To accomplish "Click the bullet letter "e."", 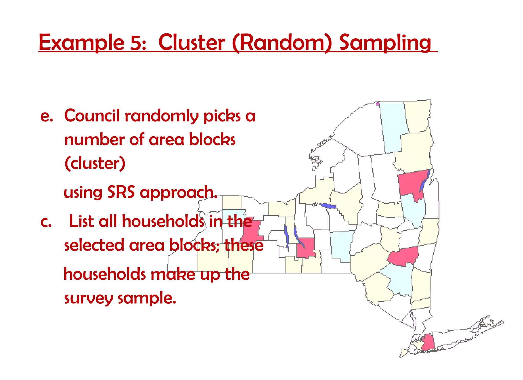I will (x=46, y=116).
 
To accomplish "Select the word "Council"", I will (x=92, y=116).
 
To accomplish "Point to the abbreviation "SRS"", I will (x=121, y=192).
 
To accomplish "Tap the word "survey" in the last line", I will (x=88, y=298).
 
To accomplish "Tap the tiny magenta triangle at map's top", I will (x=377, y=103).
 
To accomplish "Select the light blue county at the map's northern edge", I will (x=393, y=125).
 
